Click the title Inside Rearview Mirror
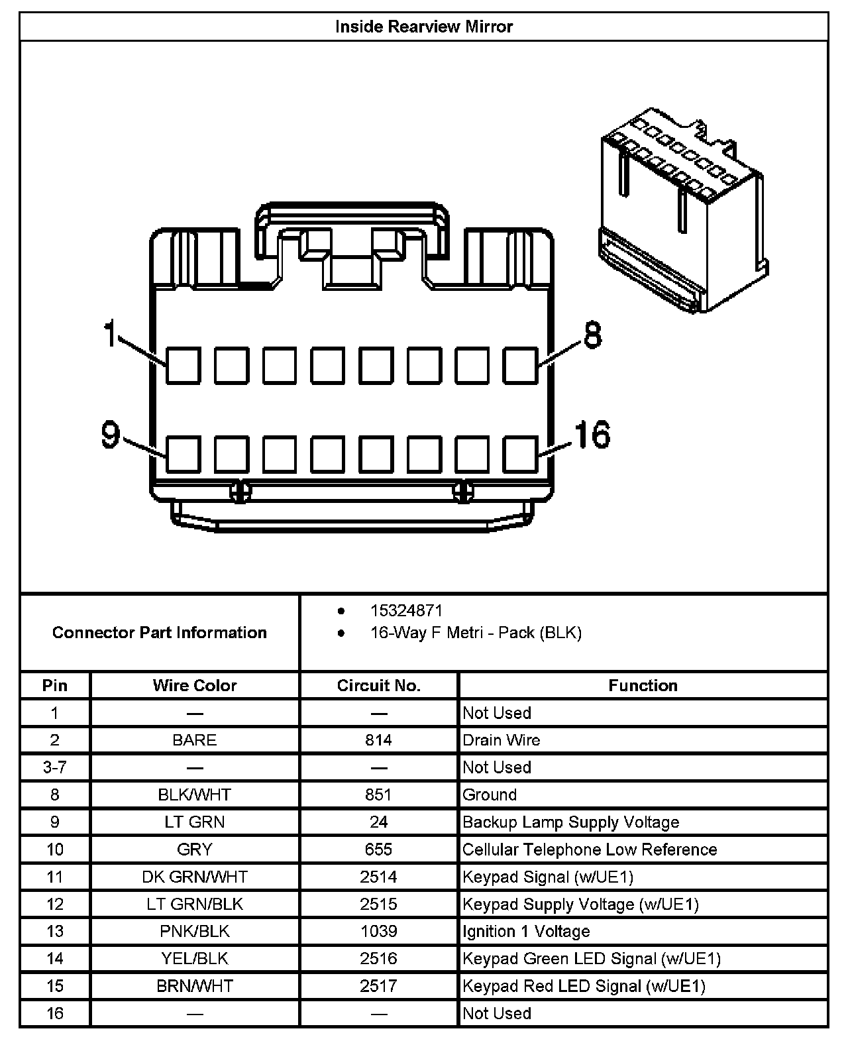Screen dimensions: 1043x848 pos(423,27)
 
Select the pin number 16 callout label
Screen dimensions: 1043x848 pos(592,435)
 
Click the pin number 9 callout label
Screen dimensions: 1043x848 pos(111,435)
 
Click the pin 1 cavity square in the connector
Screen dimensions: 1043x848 pos(183,365)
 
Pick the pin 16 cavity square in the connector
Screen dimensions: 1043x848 pos(521,454)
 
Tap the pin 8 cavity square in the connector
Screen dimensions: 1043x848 pos(521,365)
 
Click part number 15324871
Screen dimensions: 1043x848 pos(406,610)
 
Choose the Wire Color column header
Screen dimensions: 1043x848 pos(195,685)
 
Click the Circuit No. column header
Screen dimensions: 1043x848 pos(378,685)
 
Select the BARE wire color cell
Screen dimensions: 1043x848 pos(195,740)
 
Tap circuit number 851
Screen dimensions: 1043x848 pos(378,795)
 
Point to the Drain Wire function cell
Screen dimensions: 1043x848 pos(502,740)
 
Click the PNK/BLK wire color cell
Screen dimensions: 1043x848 pos(195,931)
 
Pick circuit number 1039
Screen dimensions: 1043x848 pos(378,931)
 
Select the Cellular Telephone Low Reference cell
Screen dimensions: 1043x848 pos(590,850)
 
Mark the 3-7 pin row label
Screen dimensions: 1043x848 pos(55,767)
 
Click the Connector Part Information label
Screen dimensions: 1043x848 pos(160,632)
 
